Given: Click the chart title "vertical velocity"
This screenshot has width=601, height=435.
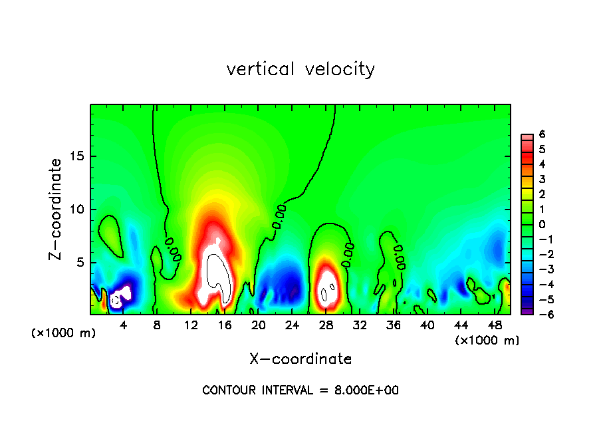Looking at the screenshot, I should click(300, 69).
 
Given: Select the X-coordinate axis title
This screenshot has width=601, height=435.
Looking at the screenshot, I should click(300, 359).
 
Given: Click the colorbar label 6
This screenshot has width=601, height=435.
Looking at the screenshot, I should click(542, 134).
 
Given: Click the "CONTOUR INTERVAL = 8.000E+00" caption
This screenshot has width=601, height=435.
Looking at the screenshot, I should click(300, 390).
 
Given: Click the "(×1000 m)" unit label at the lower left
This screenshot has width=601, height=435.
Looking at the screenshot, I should click(64, 333).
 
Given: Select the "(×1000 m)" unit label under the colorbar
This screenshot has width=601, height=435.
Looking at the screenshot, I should click(487, 341).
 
